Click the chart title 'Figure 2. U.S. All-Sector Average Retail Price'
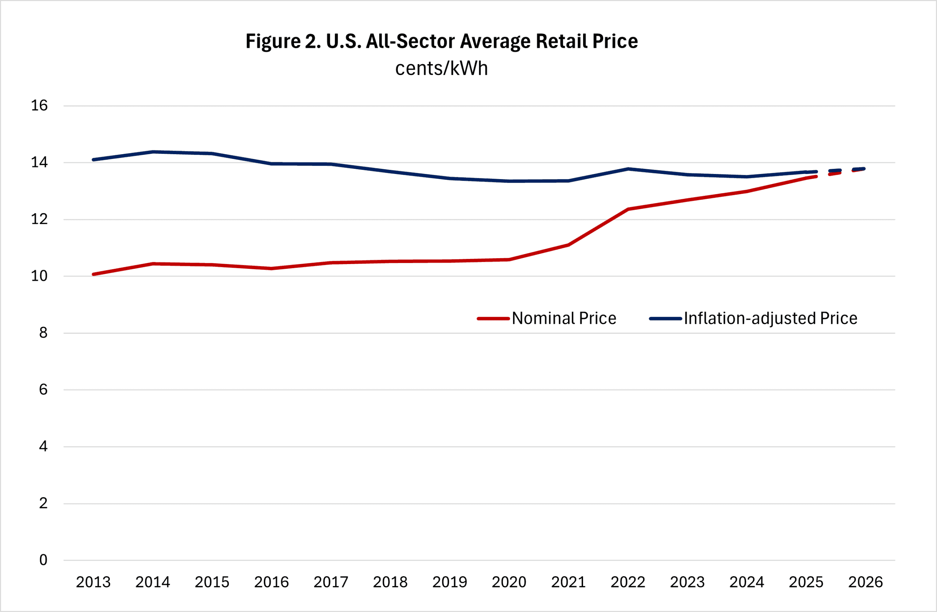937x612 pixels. click(x=441, y=41)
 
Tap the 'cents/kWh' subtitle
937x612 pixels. click(x=441, y=68)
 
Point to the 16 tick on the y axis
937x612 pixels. click(x=40, y=105)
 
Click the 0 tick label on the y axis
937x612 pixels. click(x=43, y=560)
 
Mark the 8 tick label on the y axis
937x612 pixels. click(x=43, y=333)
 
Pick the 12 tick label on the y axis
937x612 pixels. click(x=40, y=219)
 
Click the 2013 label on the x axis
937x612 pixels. click(x=93, y=582)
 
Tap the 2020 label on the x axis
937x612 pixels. click(x=509, y=582)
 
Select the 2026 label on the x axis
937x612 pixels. click(x=865, y=582)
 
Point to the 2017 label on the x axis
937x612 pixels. click(x=331, y=582)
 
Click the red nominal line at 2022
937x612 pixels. click(x=628, y=209)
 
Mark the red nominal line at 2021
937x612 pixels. click(x=568, y=245)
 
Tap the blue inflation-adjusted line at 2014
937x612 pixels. click(x=153, y=152)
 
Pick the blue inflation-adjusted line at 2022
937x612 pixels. click(x=628, y=169)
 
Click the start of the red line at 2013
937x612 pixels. click(x=93, y=274)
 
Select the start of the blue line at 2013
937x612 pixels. click(x=93, y=159)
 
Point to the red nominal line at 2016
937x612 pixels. click(x=272, y=268)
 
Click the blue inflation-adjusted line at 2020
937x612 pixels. click(x=509, y=181)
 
